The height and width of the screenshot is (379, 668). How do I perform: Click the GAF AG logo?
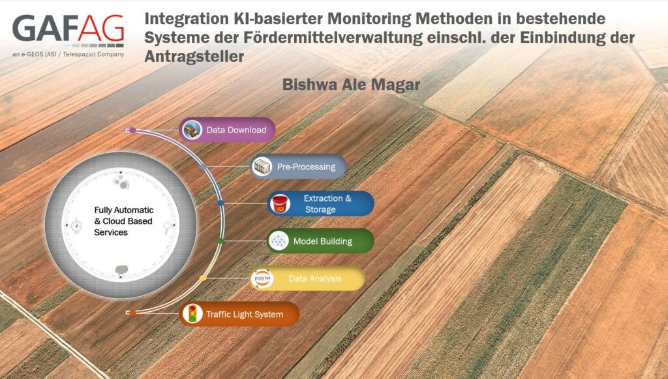(x=68, y=31)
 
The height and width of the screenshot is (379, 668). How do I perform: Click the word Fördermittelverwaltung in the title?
(x=333, y=37)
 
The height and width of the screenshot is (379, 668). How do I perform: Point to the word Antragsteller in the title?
(x=194, y=56)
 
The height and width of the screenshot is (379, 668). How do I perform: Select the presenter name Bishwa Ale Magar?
(x=351, y=85)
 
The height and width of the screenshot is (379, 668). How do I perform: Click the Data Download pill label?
(x=236, y=130)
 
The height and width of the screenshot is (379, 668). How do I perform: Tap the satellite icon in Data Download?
(x=192, y=130)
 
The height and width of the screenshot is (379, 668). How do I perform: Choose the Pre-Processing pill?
(x=298, y=166)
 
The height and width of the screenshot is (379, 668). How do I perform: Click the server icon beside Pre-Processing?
(x=262, y=166)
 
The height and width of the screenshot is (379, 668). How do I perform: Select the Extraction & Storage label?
(x=327, y=204)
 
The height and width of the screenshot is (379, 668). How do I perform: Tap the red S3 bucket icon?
(x=281, y=204)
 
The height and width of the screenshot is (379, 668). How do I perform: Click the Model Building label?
(x=322, y=241)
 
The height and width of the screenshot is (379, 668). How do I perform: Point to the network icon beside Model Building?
(x=279, y=241)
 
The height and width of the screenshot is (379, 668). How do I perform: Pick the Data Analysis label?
(x=315, y=279)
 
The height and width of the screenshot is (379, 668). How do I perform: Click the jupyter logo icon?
(x=262, y=278)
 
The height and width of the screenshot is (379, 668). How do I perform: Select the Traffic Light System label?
(x=245, y=314)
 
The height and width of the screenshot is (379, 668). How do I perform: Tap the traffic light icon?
(x=192, y=314)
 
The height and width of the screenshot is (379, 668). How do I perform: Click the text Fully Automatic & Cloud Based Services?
(x=123, y=221)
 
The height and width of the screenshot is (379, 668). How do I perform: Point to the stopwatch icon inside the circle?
(x=76, y=226)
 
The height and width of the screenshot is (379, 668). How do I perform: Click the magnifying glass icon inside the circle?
(x=168, y=228)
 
